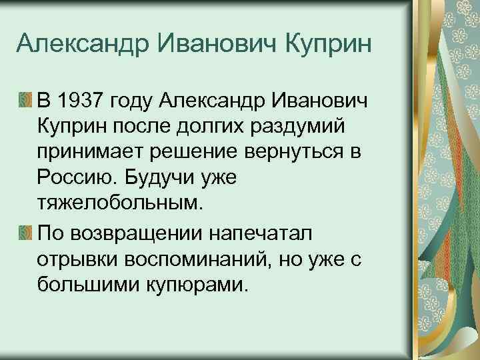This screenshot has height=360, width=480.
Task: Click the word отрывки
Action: click(x=79, y=259)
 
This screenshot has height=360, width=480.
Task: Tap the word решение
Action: click(x=199, y=152)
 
